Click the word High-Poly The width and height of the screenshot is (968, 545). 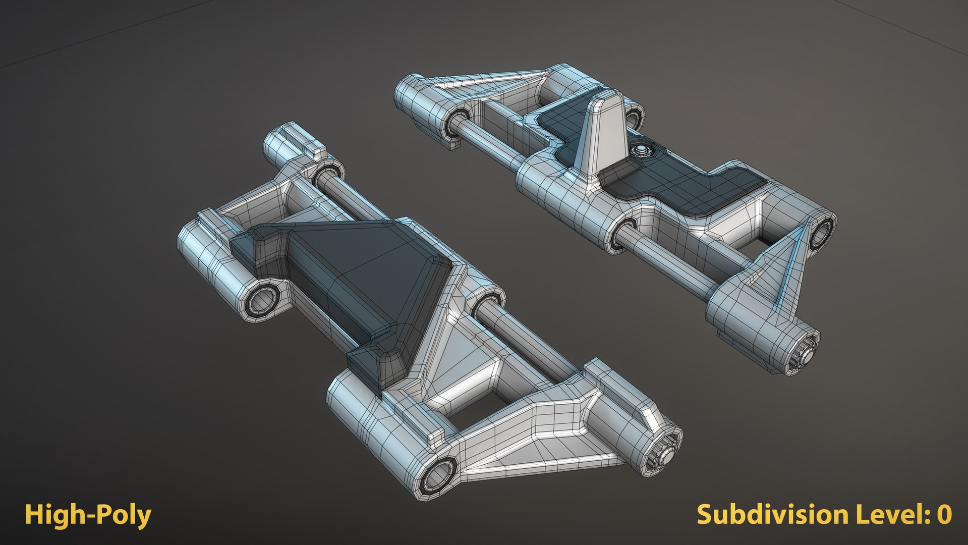pyautogui.click(x=88, y=515)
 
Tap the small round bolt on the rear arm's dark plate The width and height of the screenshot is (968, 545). pyautogui.click(x=642, y=150)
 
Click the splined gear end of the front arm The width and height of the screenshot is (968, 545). pyautogui.click(x=665, y=451)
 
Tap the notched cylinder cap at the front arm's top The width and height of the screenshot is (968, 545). pyautogui.click(x=293, y=141)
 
